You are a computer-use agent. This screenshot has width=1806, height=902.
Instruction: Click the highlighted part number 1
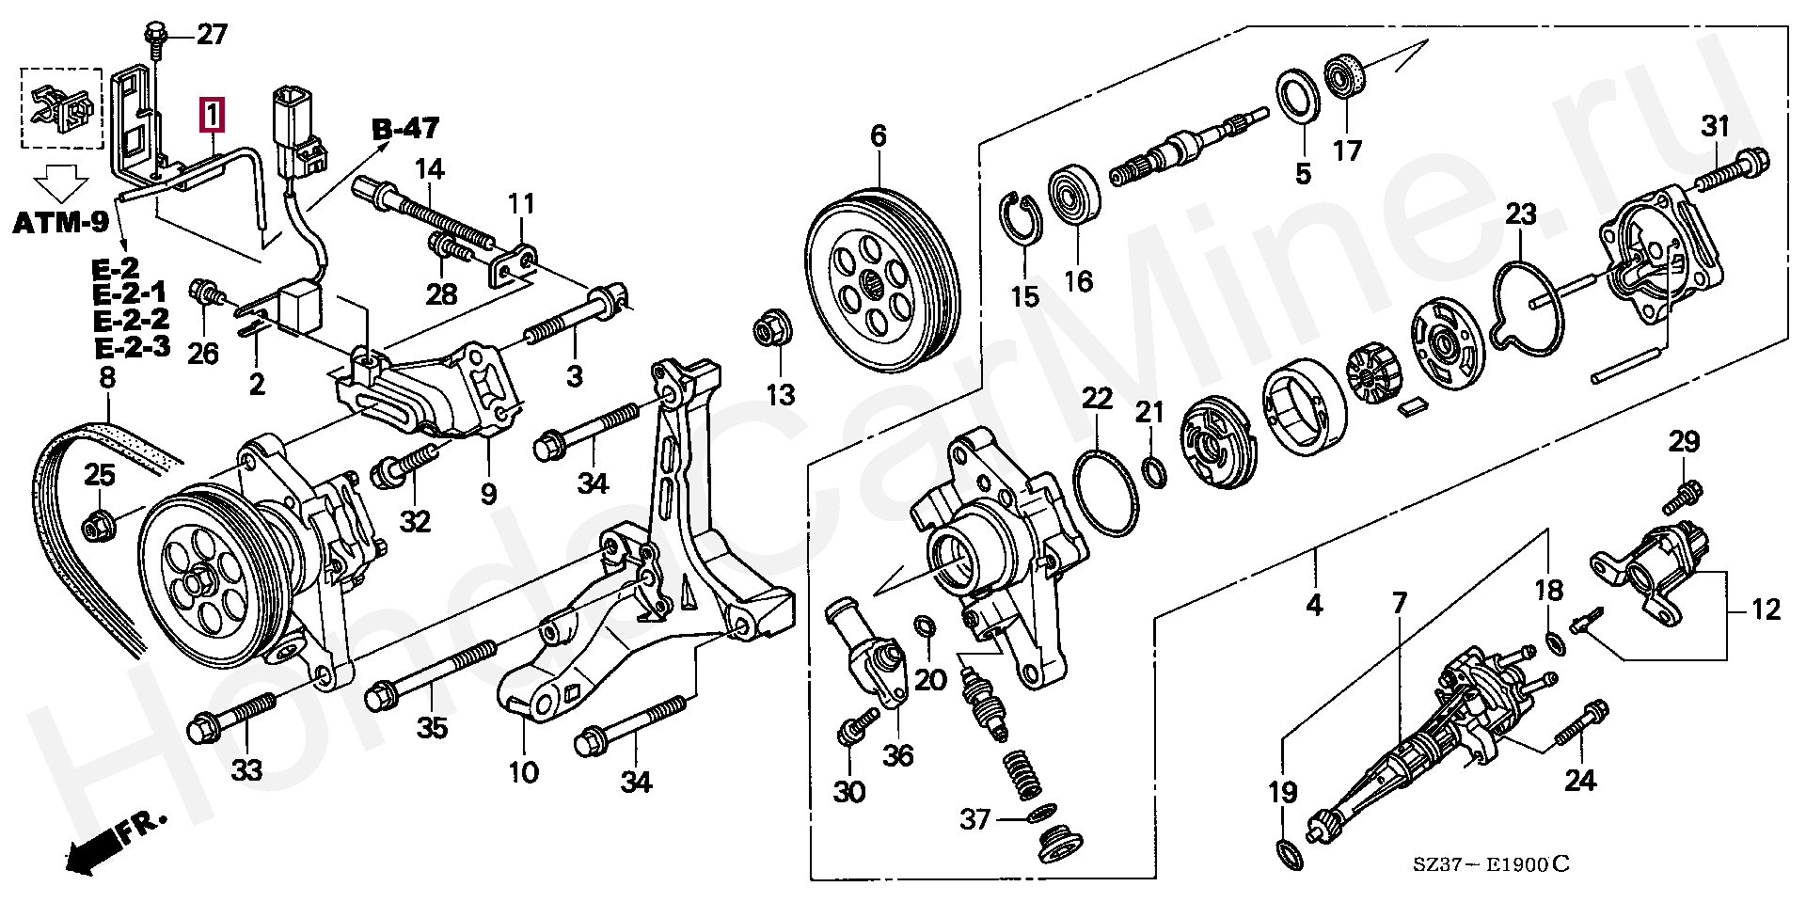click(x=212, y=116)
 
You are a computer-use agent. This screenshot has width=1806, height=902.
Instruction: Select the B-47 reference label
click(x=406, y=127)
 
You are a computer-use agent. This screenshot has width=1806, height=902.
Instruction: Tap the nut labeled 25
click(x=98, y=527)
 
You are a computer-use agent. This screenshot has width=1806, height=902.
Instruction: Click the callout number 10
click(x=523, y=772)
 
